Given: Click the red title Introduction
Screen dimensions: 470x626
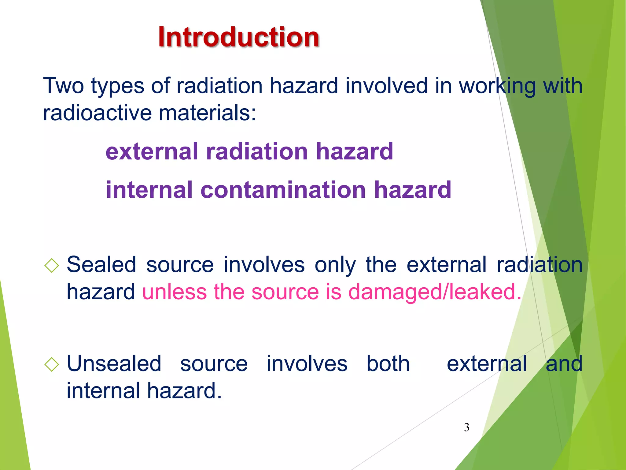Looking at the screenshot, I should pyautogui.click(x=238, y=37).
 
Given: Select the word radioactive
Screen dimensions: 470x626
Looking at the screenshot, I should pyautogui.click(x=97, y=113).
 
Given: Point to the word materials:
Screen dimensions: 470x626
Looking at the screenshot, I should pyautogui.click(x=207, y=113).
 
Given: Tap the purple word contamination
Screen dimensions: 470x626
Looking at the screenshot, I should pyautogui.click(x=283, y=190).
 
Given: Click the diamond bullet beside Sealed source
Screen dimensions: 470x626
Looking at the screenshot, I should pyautogui.click(x=51, y=265).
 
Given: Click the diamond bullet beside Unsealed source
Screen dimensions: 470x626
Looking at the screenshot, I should pyautogui.click(x=51, y=364).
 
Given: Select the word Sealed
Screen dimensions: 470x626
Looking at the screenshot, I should pyautogui.click(x=101, y=265).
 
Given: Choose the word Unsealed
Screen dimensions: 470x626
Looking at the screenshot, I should pyautogui.click(x=114, y=364).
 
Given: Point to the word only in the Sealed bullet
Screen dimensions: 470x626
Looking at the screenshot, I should pyautogui.click(x=335, y=265).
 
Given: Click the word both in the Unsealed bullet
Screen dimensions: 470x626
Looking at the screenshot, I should pyautogui.click(x=388, y=364).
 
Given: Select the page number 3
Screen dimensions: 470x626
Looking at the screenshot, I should pyautogui.click(x=466, y=427).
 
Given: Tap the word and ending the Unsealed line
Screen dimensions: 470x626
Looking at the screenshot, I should pyautogui.click(x=564, y=364).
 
